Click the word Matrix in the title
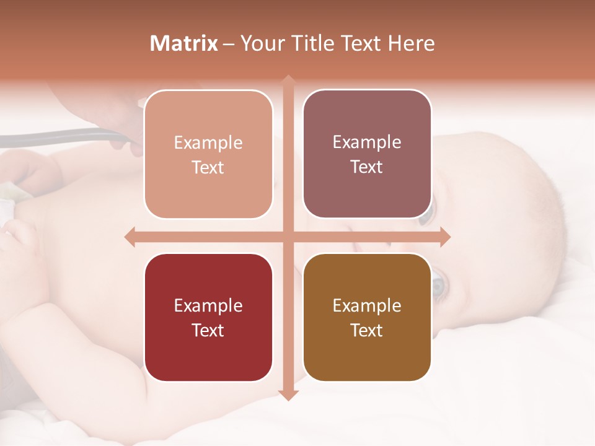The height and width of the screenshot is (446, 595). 184,43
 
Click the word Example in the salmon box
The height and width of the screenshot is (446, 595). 208,143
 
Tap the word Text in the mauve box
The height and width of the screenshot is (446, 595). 367,167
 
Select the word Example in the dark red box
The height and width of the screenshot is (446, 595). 208,306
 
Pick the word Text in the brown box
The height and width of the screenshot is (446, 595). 367,330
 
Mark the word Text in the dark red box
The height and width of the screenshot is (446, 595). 208,330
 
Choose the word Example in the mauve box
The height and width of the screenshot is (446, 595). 367,142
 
